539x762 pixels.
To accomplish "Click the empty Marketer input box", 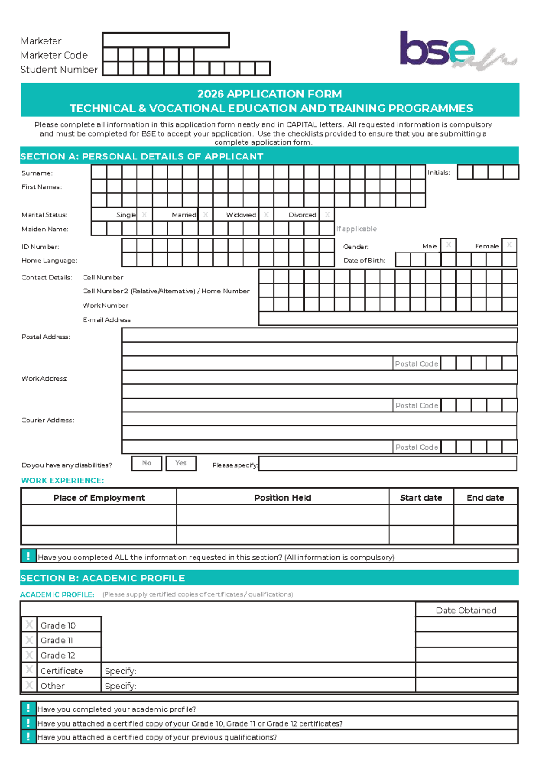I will coord(166,40).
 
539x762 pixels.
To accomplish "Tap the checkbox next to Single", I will coord(144,215).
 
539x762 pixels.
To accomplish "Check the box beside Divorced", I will coord(327,215).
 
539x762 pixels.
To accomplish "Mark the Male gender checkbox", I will coord(448,245).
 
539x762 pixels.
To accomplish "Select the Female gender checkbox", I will coord(509,245).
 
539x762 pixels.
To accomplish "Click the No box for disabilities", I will coord(146,463).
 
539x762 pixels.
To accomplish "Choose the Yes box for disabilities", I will coord(181,463).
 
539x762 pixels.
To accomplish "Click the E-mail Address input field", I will coord(388,319).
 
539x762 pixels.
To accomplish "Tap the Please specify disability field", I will coord(388,464).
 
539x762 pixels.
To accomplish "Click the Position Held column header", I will coord(283,497).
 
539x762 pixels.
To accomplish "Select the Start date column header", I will coord(421,497).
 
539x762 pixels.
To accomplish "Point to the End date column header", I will coord(485,497).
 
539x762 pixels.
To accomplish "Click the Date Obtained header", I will coord(466,610).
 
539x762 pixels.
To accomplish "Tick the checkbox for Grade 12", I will coord(29,655).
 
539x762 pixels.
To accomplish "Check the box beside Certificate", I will coord(29,670).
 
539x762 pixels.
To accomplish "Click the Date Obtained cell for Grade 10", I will coord(466,625).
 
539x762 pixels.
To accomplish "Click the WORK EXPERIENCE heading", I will coord(62,480).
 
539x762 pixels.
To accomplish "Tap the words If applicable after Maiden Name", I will coord(356,229).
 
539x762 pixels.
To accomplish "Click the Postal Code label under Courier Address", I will coord(416,447).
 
